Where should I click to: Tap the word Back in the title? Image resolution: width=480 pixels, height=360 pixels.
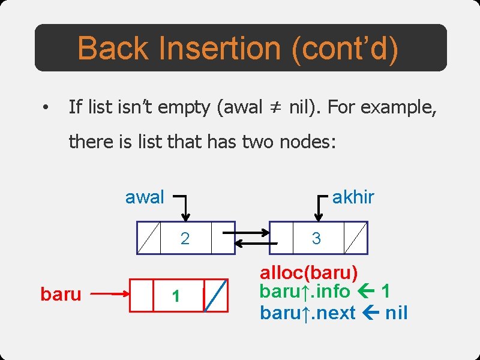[x=115, y=49]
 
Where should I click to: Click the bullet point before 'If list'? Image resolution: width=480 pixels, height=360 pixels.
[x=44, y=109]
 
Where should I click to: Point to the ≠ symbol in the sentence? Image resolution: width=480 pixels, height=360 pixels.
[x=275, y=108]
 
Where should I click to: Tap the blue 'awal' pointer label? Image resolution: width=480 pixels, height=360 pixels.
[x=144, y=197]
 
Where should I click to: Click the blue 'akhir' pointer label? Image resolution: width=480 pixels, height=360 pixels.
[x=353, y=197]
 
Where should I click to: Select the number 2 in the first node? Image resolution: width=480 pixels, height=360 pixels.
[x=185, y=238]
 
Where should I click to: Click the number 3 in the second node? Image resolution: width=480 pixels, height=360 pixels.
[x=316, y=238]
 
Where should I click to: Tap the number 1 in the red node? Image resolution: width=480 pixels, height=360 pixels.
[x=176, y=296]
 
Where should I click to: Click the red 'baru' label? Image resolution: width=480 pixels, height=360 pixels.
[x=61, y=295]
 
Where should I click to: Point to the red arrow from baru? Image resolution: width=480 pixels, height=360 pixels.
[x=112, y=295]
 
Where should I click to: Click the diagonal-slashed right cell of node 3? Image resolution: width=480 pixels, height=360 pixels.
[x=356, y=238]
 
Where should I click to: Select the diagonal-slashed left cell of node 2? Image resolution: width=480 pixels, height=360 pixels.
[x=149, y=238]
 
